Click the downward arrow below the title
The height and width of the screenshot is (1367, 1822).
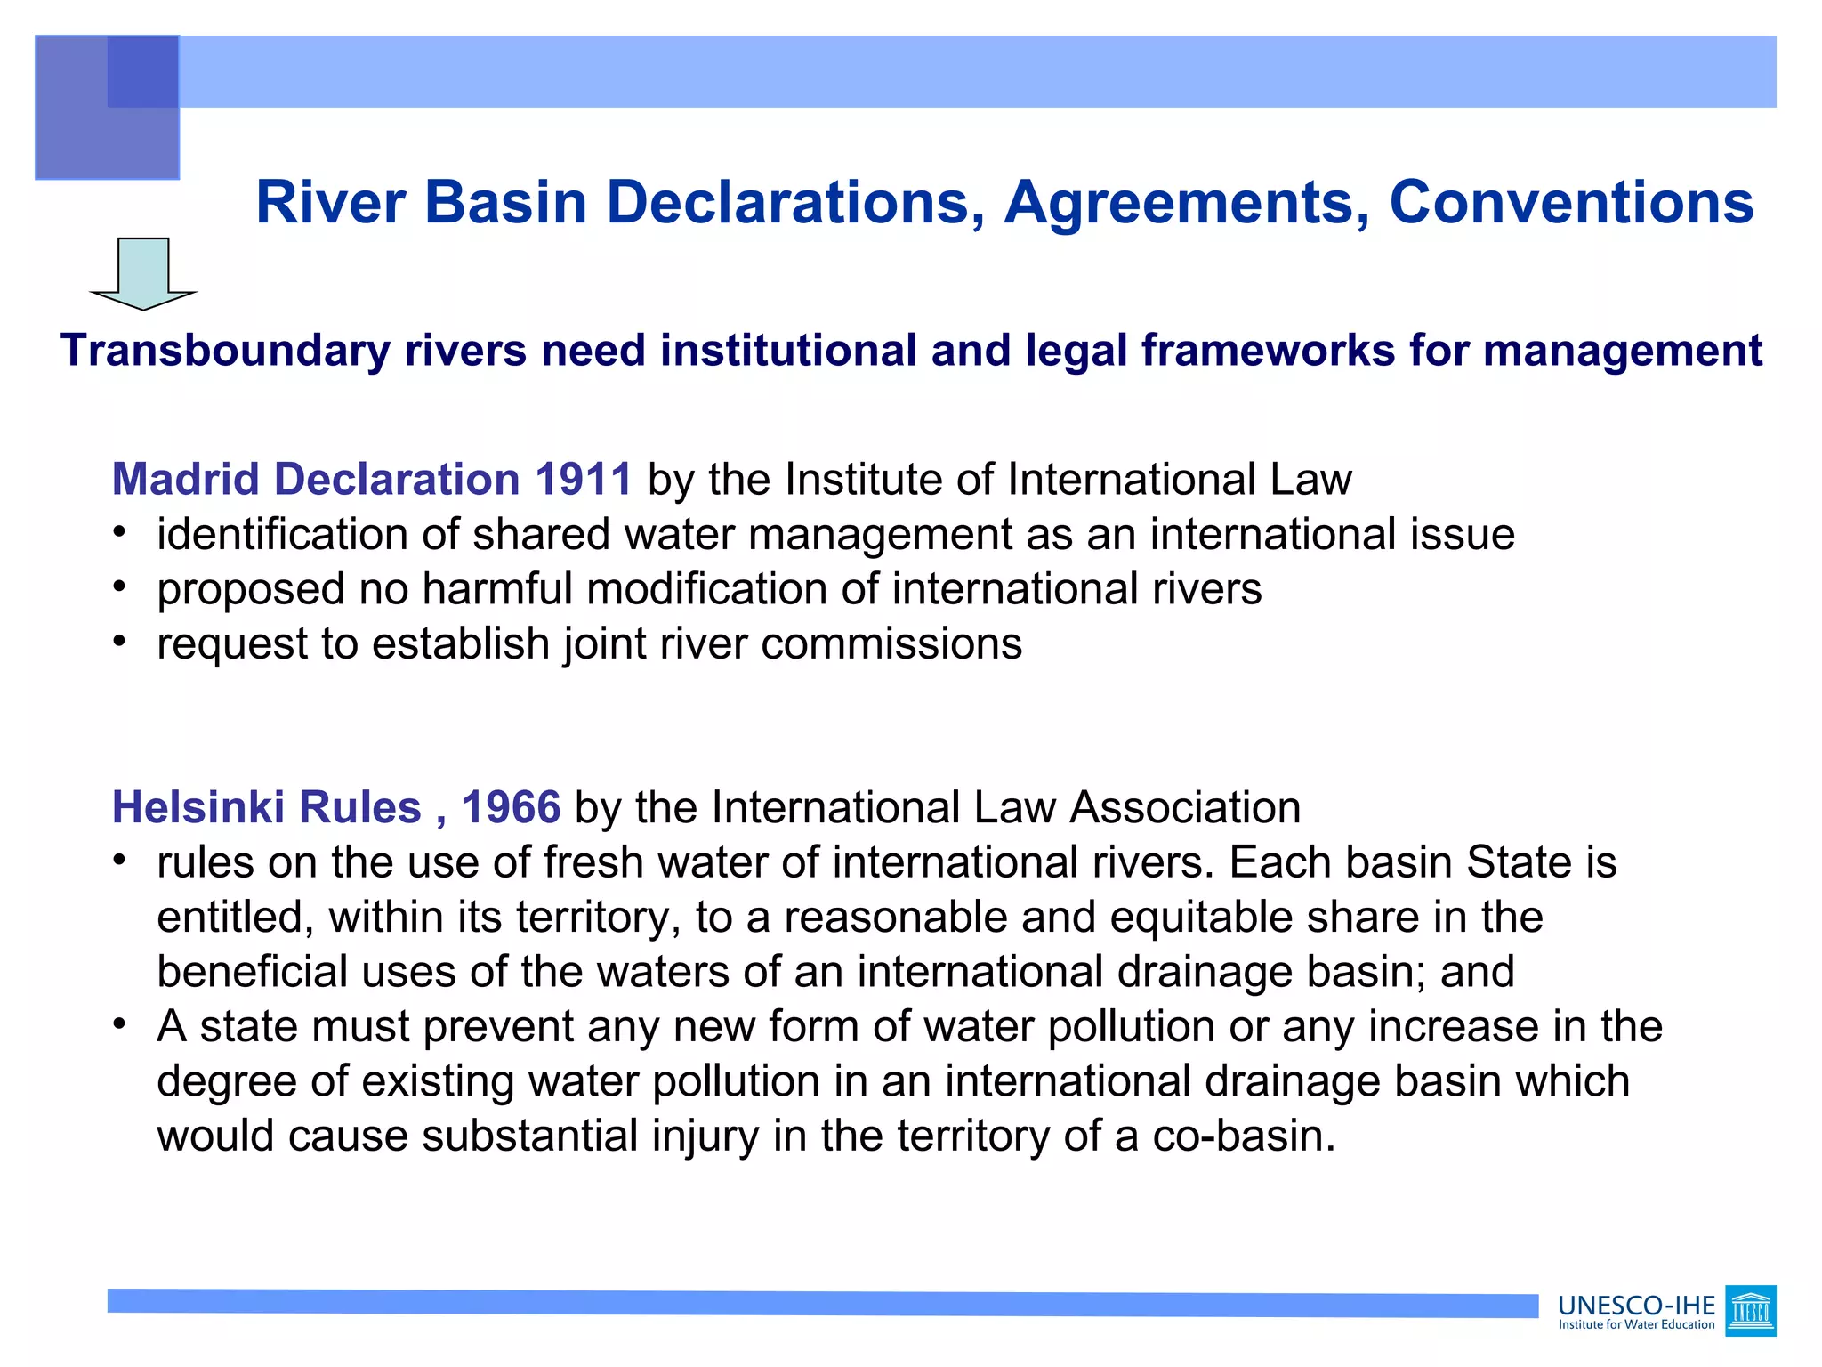tap(143, 273)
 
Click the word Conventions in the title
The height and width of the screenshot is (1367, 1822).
tap(1571, 203)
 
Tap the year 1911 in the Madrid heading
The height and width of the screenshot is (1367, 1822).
tap(583, 480)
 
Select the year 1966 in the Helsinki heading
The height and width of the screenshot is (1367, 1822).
tap(511, 808)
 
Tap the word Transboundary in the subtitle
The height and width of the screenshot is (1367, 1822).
tap(224, 351)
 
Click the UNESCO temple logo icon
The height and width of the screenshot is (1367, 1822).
tap(1750, 1311)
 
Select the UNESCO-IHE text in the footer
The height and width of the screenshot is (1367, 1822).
tap(1636, 1306)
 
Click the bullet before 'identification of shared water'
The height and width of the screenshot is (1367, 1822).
tap(119, 532)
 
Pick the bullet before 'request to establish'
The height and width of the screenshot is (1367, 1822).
tap(119, 642)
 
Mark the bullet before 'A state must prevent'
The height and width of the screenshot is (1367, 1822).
tap(119, 1024)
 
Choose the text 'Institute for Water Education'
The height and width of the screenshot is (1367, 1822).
tap(1636, 1325)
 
